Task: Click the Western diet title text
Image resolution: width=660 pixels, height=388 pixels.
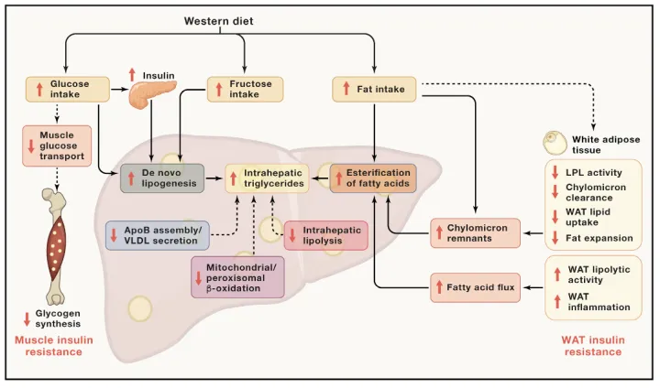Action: [218, 21]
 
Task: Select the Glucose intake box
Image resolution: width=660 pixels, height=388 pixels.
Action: [67, 89]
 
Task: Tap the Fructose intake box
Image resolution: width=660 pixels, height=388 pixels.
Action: [245, 89]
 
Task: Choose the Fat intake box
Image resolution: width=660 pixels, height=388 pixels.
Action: [374, 89]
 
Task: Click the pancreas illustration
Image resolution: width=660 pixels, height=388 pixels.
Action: [150, 93]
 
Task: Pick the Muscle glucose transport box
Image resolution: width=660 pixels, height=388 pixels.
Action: [57, 145]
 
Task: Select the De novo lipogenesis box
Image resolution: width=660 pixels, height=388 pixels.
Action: [162, 178]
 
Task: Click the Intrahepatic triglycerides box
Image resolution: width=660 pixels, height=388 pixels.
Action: [267, 178]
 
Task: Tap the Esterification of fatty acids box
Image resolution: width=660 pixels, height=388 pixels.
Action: [373, 178]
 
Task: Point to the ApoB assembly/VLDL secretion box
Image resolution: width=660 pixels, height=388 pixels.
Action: [158, 235]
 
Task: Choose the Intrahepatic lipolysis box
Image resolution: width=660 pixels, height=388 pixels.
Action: [326, 235]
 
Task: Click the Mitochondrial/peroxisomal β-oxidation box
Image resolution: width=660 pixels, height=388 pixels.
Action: [237, 277]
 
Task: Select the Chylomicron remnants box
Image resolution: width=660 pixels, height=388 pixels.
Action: [475, 232]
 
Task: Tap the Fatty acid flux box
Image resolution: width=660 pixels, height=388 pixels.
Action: [475, 287]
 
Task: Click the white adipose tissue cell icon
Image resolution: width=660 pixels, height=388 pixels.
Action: [555, 143]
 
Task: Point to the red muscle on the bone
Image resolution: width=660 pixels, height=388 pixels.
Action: [57, 246]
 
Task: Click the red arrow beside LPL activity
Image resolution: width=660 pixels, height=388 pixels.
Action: [555, 172]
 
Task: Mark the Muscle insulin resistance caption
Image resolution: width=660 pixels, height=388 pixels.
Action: [54, 346]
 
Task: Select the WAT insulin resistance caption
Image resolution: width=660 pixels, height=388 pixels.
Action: [593, 346]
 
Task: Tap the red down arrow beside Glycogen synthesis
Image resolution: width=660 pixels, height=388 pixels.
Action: [27, 319]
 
